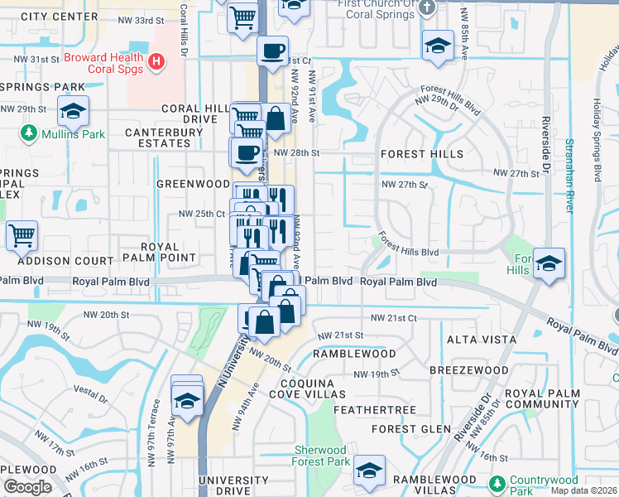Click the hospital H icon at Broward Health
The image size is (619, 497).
[156, 61]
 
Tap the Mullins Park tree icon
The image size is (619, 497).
[29, 133]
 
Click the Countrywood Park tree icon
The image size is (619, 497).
[497, 482]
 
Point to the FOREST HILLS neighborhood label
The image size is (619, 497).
[421, 154]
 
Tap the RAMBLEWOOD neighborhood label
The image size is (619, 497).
[354, 354]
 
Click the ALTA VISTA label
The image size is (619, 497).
[482, 340]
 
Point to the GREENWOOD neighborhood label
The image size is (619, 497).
[193, 184]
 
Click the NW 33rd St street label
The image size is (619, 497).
[136, 19]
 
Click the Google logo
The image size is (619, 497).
[27, 487]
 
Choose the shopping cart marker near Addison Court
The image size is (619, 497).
[22, 235]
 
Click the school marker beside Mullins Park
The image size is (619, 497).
[73, 111]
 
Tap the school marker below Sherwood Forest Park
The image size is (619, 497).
[369, 471]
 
